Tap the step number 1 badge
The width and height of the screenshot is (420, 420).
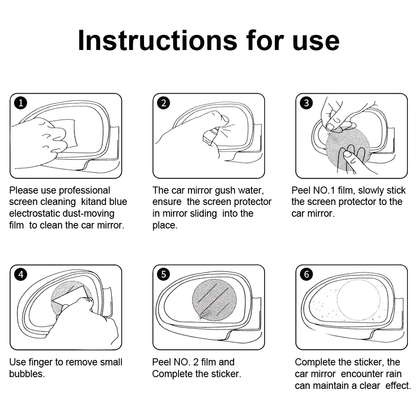coord(21,103)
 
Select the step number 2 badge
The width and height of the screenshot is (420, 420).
coord(163,103)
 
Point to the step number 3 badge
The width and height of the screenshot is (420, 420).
coord(307,103)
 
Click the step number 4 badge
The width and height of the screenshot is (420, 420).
coord(21,274)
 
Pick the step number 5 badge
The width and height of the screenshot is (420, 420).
coord(163,274)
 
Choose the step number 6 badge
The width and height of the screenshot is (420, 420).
coord(307,274)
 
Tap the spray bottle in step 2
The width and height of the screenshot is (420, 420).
coord(210,136)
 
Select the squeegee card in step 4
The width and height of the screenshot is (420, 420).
coord(70,297)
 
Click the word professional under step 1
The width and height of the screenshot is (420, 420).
coord(84,190)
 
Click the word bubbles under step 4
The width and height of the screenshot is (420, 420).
coord(27,374)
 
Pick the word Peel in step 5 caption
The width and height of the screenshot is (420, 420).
coord(161,362)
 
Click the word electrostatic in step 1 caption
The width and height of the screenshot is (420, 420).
coord(36,213)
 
